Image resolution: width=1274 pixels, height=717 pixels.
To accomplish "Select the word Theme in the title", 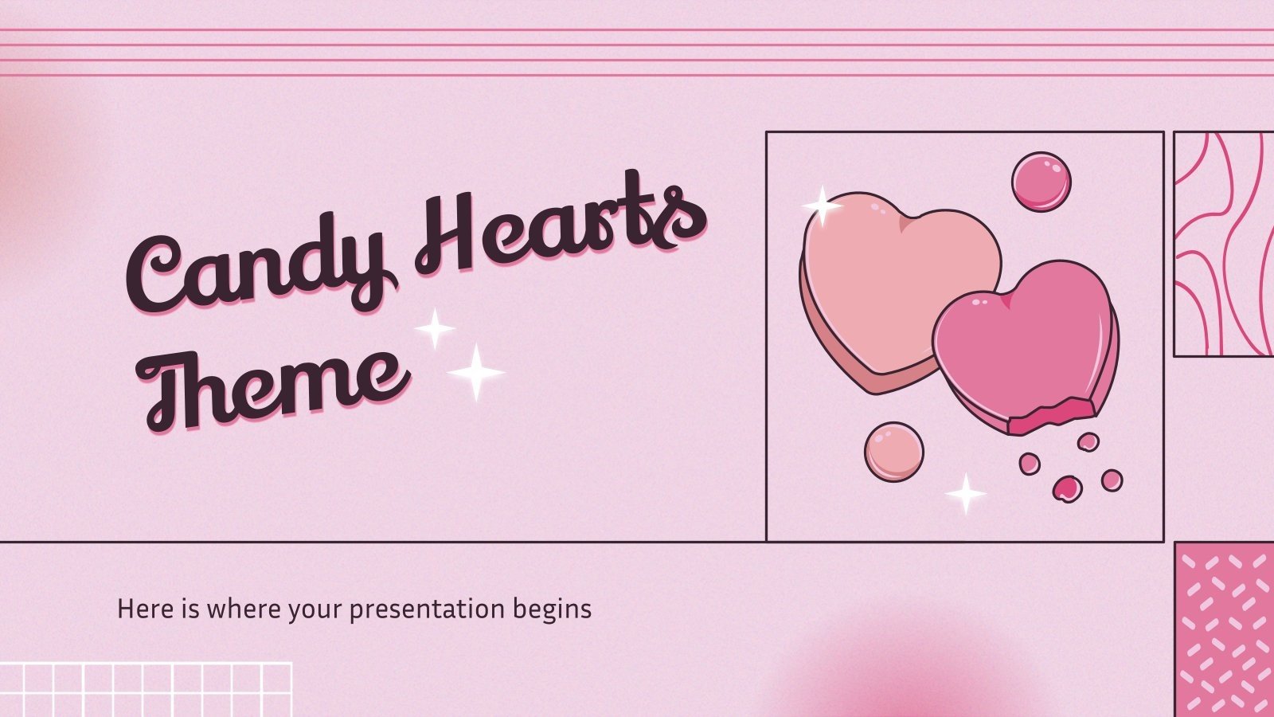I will point(275,382).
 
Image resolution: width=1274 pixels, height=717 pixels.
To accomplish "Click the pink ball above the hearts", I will point(1041,182).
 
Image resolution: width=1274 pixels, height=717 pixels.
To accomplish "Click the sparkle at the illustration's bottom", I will point(966,494).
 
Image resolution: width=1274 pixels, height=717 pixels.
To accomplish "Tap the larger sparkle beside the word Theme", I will point(475,372).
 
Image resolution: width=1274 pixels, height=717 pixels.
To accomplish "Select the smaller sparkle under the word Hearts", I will point(435,328).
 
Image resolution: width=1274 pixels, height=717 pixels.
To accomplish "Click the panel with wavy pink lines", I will point(1224,244).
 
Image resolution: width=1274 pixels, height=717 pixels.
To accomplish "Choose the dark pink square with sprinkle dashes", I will point(1225,629).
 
